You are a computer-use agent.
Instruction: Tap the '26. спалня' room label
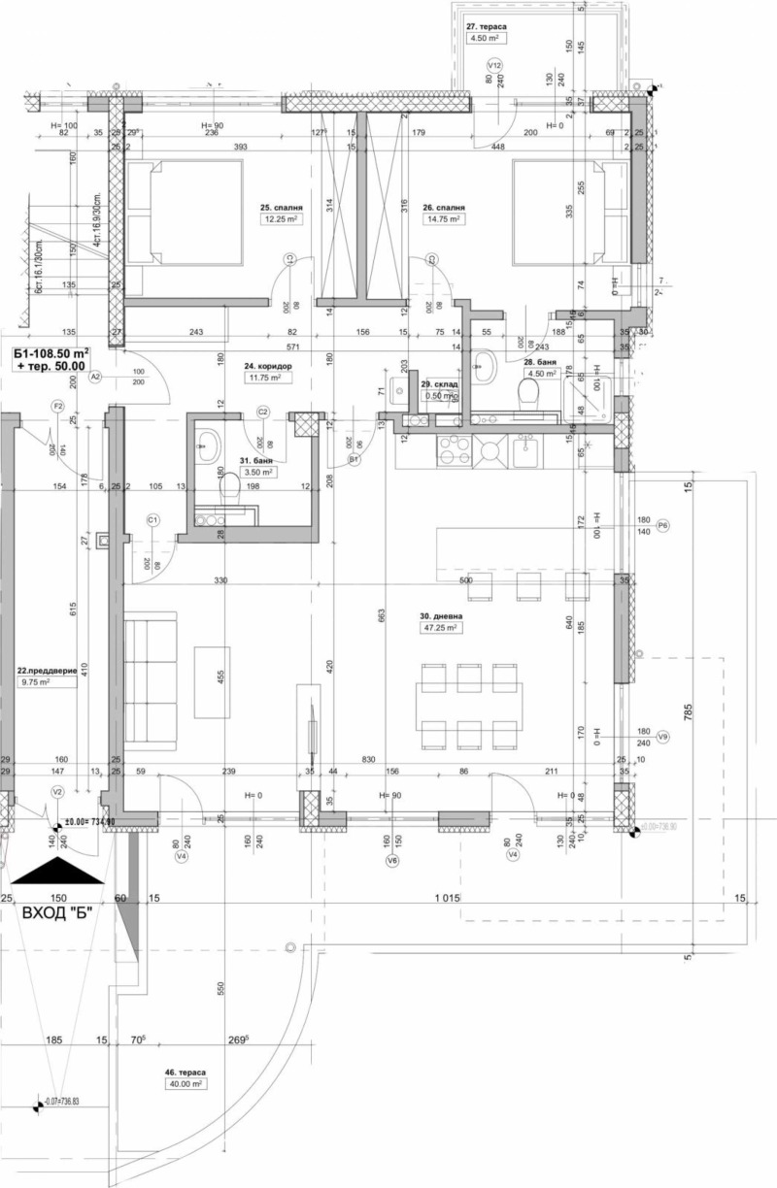[443, 208]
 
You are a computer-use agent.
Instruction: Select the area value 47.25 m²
[439, 628]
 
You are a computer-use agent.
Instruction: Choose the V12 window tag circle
[493, 65]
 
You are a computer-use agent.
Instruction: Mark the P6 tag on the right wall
[663, 525]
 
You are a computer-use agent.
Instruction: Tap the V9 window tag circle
[663, 737]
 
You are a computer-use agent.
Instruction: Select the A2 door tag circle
[95, 377]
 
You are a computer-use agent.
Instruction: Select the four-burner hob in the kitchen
[455, 450]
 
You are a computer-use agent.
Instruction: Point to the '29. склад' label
[439, 384]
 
